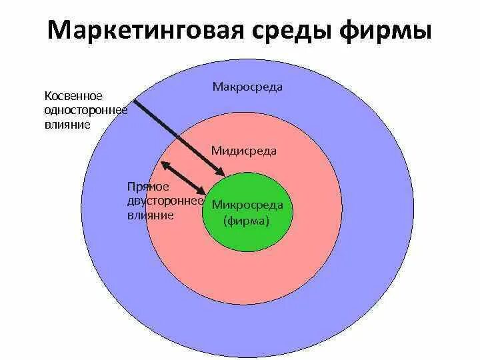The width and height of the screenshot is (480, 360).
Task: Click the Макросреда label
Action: point(247,87)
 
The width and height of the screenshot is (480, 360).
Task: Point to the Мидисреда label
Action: point(243,151)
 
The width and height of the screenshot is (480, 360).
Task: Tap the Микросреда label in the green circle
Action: point(247,205)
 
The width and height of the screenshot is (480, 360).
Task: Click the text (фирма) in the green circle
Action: point(247,220)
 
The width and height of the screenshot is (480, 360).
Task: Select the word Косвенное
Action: point(73,95)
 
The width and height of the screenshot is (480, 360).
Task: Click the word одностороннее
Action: point(85,110)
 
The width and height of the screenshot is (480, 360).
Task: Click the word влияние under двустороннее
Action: point(150,215)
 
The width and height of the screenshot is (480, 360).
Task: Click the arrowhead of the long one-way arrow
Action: point(219,175)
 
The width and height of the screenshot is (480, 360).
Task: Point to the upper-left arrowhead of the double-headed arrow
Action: point(162,163)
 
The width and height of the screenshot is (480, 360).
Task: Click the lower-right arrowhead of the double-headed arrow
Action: point(201,192)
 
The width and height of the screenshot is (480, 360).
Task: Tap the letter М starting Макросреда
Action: point(217,87)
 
